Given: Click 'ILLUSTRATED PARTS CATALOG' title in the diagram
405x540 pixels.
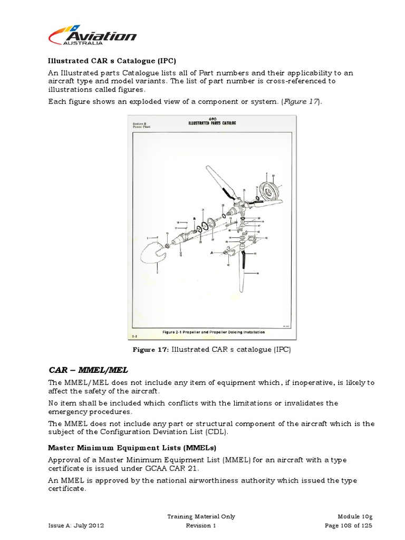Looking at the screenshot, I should (x=213, y=123).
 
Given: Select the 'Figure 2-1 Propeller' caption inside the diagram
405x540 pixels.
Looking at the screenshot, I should (x=214, y=332).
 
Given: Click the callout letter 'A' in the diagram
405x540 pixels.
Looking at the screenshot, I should (x=211, y=253).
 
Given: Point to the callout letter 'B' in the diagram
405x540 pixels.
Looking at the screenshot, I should (x=195, y=218).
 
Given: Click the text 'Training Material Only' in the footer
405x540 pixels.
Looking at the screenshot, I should (x=201, y=516).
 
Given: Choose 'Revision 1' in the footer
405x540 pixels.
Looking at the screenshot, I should (x=201, y=526).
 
